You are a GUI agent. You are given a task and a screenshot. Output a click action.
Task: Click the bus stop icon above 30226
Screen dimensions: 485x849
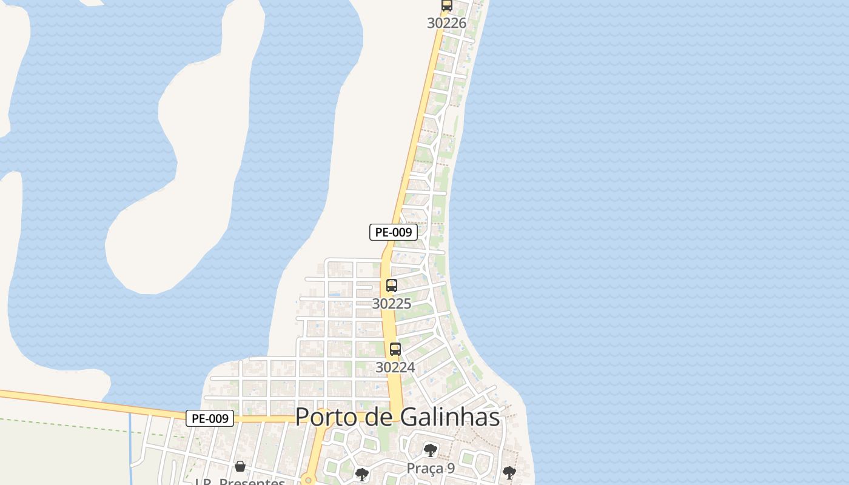point(447,5)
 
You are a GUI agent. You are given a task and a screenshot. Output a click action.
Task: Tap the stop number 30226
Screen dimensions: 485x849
point(446,23)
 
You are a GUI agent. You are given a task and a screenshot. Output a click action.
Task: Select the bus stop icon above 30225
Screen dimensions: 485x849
point(392,286)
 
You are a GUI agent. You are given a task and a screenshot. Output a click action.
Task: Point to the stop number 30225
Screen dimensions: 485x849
point(391,304)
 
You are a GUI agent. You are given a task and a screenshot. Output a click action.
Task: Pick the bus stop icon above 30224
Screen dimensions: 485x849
point(395,349)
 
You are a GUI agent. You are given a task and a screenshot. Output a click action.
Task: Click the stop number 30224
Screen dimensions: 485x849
point(395,367)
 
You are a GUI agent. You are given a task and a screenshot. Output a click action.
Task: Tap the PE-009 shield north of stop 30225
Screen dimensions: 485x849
point(394,232)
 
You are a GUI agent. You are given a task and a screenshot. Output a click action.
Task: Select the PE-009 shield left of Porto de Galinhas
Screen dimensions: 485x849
point(210,418)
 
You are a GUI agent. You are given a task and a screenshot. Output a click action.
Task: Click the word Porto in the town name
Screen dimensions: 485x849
point(327,417)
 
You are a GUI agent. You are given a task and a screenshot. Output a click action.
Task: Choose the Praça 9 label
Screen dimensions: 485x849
point(431,468)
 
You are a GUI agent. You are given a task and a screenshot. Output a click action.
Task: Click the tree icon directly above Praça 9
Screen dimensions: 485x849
point(431,450)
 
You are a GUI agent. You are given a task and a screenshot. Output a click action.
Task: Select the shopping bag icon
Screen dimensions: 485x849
point(240,466)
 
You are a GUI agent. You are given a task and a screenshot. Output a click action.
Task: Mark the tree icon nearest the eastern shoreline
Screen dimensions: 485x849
point(509,473)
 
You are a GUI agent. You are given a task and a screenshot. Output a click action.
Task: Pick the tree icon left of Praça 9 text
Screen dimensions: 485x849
point(362,475)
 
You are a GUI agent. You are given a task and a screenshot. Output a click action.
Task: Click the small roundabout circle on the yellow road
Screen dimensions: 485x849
point(309,481)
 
